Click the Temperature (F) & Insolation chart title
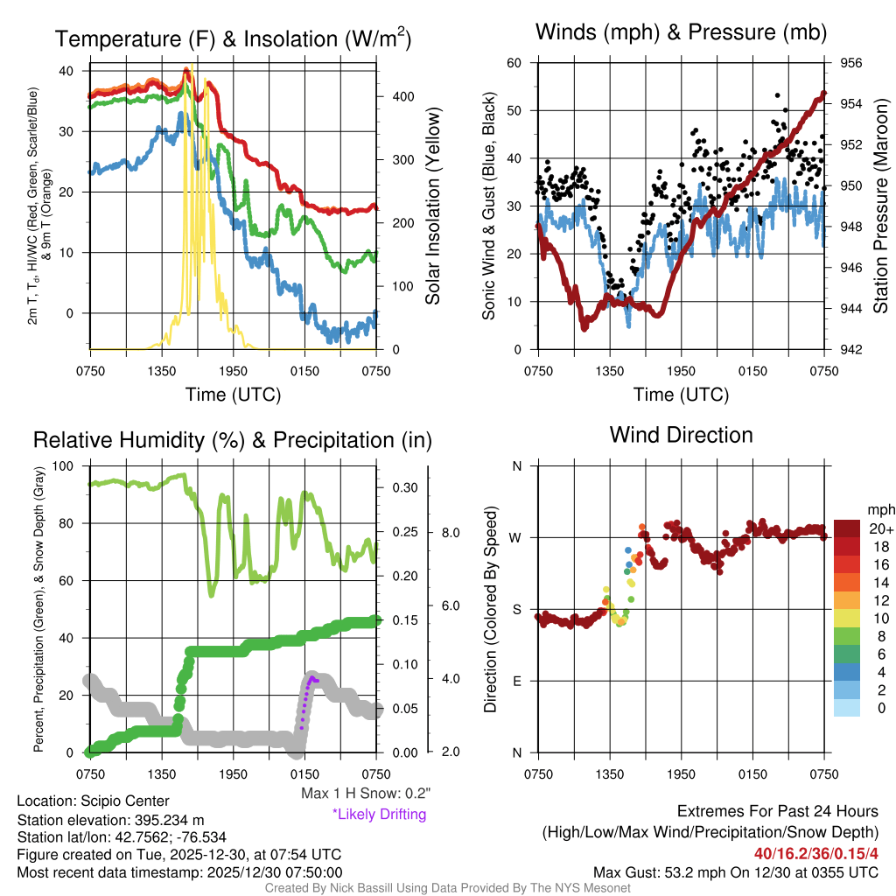pyautogui.click(x=233, y=39)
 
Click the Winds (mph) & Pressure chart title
pyautogui.click(x=682, y=33)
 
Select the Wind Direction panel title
pyautogui.click(x=681, y=435)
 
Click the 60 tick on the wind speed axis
pyautogui.click(x=514, y=63)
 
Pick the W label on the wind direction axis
pyautogui.click(x=516, y=537)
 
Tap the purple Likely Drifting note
pyautogui.click(x=379, y=814)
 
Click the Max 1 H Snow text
pyautogui.click(x=365, y=794)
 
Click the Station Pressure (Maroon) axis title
pyautogui.click(x=880, y=206)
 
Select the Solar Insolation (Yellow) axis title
pyautogui.click(x=432, y=206)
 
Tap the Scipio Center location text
pyautogui.click(x=94, y=801)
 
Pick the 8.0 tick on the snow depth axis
pyautogui.click(x=451, y=532)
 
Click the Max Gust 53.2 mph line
pyautogui.click(x=735, y=871)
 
